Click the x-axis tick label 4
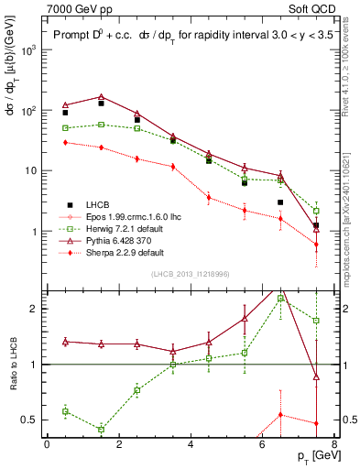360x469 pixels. (x=190, y=445)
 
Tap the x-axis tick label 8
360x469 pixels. (x=333, y=445)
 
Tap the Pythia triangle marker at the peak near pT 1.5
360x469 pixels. (x=101, y=96)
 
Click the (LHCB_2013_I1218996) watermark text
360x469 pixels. (x=189, y=274)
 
